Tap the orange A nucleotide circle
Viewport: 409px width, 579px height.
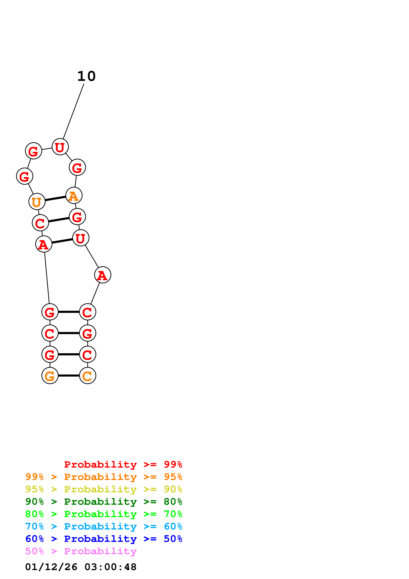pos(74,195)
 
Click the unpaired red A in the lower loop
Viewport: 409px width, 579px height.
pos(103,275)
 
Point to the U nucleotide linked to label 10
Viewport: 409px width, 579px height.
pos(60,147)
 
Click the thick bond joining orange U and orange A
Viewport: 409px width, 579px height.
pos(55,198)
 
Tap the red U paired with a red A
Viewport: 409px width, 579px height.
pos(81,238)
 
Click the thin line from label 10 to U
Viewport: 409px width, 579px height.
pos(73,111)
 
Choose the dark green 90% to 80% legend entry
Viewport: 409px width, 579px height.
pos(104,502)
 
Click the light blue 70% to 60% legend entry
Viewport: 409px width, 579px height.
pos(104,526)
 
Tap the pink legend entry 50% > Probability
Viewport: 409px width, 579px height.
pos(81,551)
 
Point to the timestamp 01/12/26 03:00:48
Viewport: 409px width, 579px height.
pos(81,567)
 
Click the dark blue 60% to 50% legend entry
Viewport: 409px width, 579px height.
pos(104,539)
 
